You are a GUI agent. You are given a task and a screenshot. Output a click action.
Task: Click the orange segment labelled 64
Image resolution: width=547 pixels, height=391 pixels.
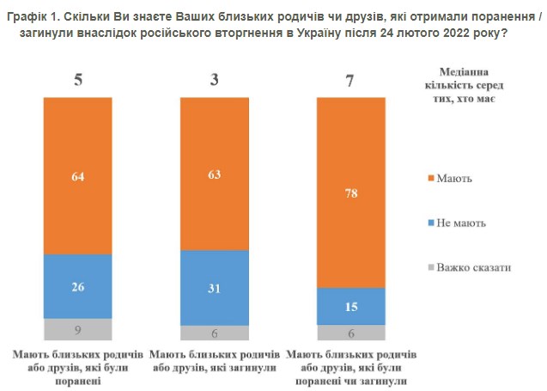78,176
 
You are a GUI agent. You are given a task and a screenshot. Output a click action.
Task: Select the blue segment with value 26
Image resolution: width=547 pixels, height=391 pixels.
78,286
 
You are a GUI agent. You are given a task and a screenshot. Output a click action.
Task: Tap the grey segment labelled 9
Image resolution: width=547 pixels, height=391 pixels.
78,329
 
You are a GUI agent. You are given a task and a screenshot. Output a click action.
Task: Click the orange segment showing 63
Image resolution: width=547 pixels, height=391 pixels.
215,174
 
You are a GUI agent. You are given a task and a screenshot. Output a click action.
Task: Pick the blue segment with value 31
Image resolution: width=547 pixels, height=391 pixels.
215,287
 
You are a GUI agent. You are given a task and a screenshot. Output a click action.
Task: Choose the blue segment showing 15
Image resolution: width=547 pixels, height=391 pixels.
351,306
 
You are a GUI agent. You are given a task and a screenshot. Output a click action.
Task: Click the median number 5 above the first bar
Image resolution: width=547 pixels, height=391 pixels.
77,81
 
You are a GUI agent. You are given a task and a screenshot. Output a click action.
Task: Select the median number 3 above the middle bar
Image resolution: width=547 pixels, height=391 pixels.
215,81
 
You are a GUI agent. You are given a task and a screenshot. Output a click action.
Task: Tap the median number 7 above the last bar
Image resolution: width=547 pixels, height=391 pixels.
351,81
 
